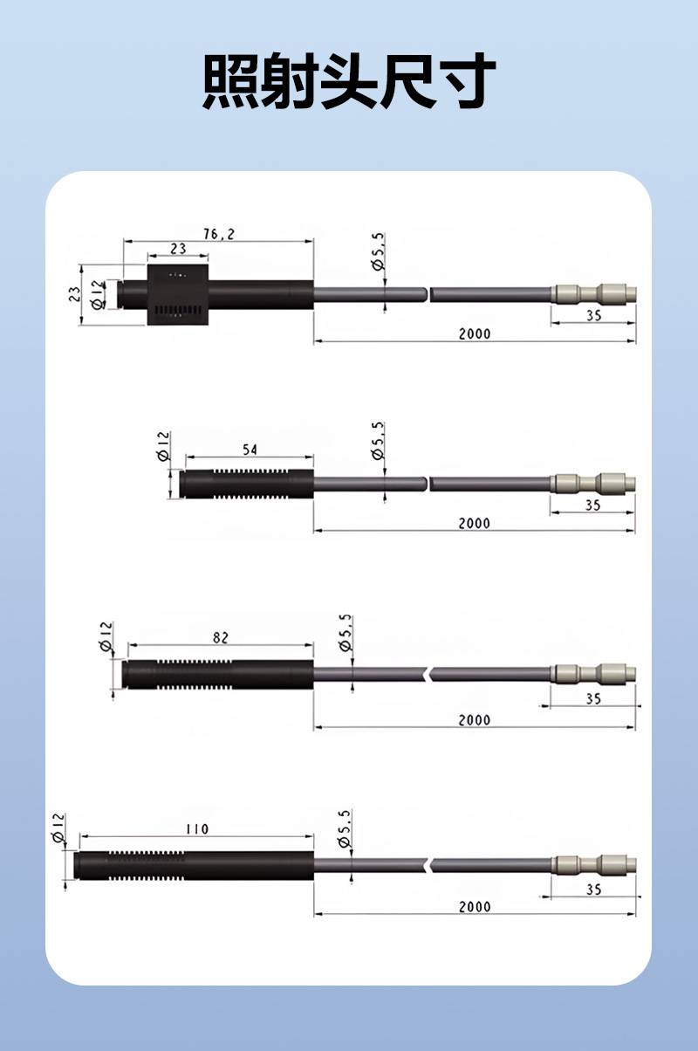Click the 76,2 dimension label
tap(219, 234)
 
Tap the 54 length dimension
tap(250, 450)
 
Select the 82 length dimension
tap(221, 638)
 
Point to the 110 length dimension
tap(197, 829)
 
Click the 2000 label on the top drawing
tap(475, 334)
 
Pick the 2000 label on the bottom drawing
tap(475, 907)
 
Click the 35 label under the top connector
tap(594, 316)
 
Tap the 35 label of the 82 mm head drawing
tap(593, 699)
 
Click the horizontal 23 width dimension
tap(178, 249)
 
